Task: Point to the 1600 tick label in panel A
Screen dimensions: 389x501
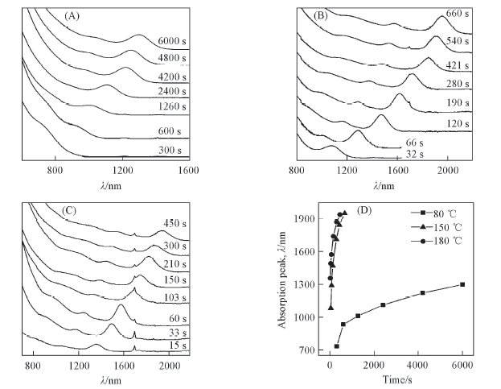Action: (189, 171)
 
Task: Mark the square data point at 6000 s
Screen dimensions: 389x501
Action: (462, 284)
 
